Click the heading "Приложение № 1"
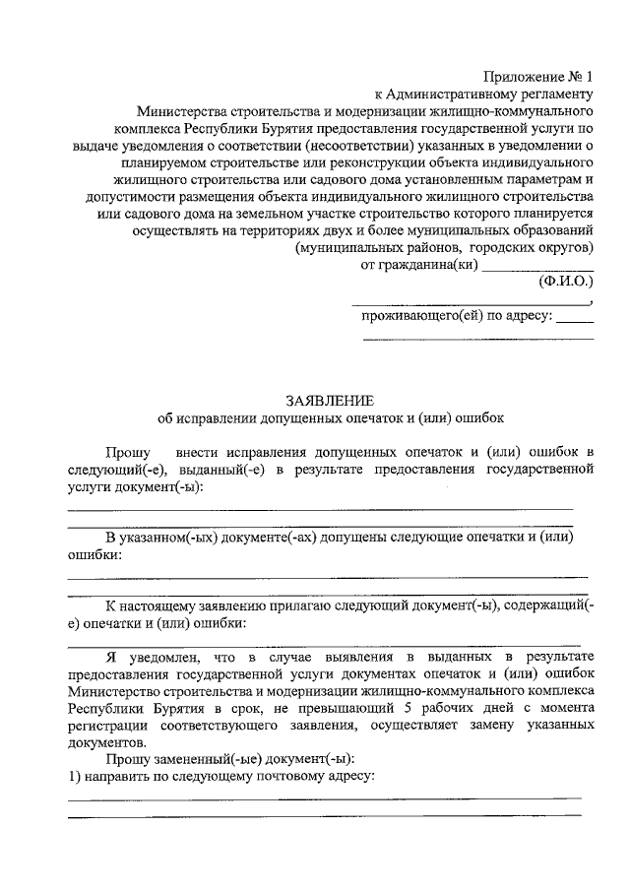pos(539,77)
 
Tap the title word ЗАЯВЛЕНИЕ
pos(330,401)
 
